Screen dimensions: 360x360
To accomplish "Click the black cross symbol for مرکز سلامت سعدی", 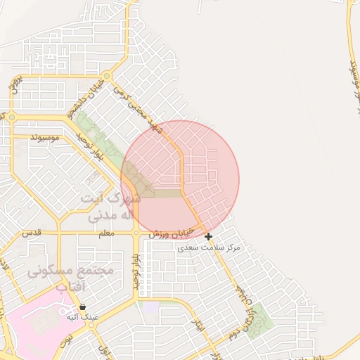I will (x=208, y=236).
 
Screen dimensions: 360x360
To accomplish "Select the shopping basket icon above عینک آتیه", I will (x=83, y=307).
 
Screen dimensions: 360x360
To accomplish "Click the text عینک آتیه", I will (x=83, y=317).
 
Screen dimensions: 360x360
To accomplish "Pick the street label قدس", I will (x=32, y=232).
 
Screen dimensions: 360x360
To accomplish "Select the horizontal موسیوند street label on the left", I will (x=45, y=137).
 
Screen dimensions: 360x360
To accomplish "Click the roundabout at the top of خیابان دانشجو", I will (x=107, y=76).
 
